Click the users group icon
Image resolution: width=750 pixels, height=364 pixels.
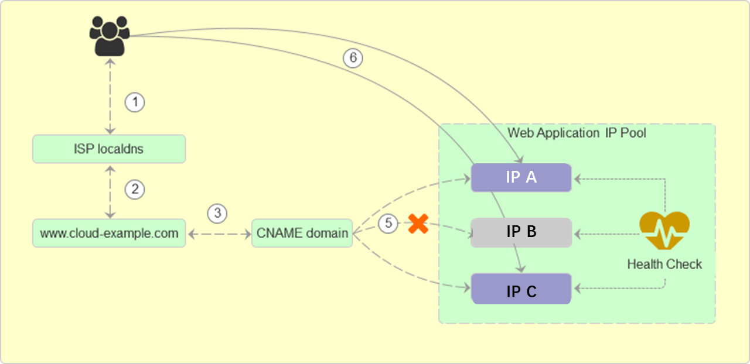click(109, 36)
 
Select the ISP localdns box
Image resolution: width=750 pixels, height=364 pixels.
click(109, 149)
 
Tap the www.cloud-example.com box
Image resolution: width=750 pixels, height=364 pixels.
click(109, 233)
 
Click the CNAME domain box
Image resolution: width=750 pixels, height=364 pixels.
click(302, 233)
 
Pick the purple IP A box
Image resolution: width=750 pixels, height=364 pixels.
click(521, 177)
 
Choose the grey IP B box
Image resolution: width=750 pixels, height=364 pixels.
click(521, 232)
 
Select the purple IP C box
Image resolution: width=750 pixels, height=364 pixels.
click(521, 289)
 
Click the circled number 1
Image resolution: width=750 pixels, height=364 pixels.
click(135, 102)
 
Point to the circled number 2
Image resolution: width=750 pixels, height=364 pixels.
click(135, 189)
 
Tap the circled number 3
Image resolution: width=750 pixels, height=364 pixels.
click(217, 214)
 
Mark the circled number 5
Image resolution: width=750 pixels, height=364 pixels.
click(388, 224)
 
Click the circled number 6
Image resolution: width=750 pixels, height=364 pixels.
click(353, 58)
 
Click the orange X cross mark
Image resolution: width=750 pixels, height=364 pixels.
click(418, 224)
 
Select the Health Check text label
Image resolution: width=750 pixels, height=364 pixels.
click(664, 265)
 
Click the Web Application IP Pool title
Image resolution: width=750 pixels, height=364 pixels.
click(577, 133)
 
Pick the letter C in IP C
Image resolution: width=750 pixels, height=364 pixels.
click(531, 291)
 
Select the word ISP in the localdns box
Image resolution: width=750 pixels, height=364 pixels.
click(83, 149)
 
